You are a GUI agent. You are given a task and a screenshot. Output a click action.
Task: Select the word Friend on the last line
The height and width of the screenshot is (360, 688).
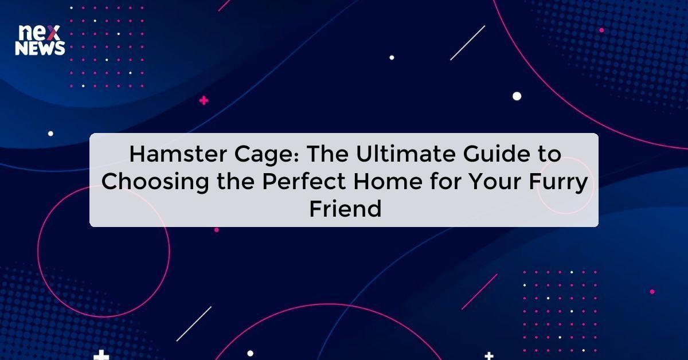(345, 209)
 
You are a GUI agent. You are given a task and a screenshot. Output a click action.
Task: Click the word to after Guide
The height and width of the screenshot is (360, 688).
(548, 154)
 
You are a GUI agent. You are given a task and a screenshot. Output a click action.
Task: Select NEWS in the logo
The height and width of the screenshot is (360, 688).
(40, 49)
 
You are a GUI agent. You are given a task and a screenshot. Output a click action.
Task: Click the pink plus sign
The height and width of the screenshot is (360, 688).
(204, 101)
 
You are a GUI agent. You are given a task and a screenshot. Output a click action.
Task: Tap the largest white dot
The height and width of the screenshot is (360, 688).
(517, 96)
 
